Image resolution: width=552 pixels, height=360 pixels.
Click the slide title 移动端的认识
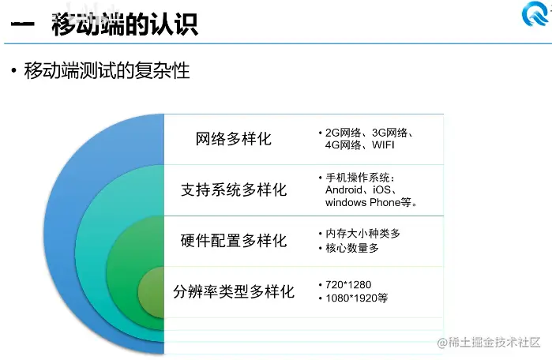tap(124, 24)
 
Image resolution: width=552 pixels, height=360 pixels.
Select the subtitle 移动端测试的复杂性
tap(107, 70)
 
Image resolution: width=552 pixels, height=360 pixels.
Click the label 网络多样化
tap(233, 139)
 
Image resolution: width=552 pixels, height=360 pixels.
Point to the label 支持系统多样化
tap(234, 190)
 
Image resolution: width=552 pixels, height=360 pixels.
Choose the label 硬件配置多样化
tap(234, 241)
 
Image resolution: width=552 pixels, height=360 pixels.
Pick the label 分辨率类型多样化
tap(234, 291)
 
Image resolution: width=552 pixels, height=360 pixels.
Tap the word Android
tap(347, 189)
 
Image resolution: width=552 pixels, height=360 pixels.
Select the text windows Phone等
tap(370, 202)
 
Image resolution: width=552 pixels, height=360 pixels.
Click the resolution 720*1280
tap(348, 284)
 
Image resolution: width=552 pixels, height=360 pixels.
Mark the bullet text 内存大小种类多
tap(362, 234)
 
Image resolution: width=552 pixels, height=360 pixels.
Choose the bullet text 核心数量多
tap(352, 248)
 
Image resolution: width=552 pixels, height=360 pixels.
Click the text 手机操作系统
tap(359, 177)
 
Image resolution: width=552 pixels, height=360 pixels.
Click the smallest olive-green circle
tap(152, 293)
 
